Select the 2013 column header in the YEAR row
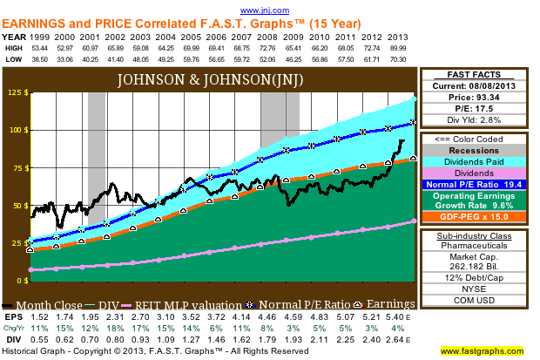pos(398,37)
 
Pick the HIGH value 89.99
pos(398,49)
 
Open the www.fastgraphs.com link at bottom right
pos(486,351)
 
